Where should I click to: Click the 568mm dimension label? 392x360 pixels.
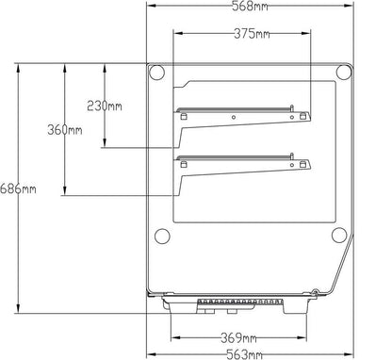248,8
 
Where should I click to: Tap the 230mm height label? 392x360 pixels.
105,106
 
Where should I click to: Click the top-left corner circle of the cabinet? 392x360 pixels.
159,72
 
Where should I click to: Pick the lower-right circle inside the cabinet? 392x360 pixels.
336,236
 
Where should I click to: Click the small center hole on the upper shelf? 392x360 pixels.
233,118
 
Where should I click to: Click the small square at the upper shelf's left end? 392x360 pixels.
184,117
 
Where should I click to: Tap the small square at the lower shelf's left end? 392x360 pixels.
184,164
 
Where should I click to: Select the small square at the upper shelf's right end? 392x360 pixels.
304,116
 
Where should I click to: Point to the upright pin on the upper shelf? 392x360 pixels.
293,106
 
